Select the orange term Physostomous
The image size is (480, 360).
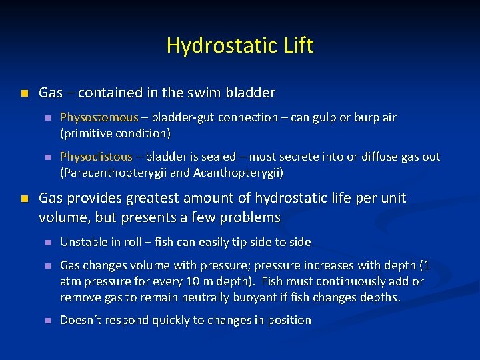tap(99, 117)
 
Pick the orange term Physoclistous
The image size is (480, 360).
tap(96, 157)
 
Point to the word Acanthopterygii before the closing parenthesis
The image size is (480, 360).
tap(238, 173)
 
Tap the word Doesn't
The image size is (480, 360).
tap(81, 320)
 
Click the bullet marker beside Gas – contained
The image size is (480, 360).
tap(25, 93)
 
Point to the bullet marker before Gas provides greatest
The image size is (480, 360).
tap(25, 199)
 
